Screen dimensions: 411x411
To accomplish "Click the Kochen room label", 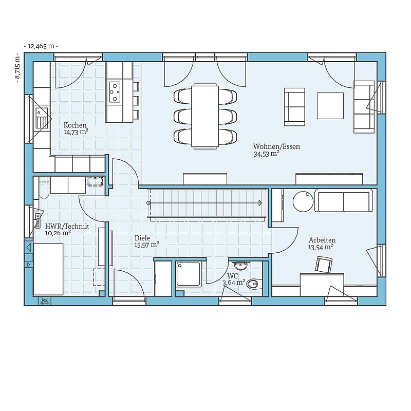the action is [75, 125].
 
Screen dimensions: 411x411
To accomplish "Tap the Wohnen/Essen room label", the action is [276, 146].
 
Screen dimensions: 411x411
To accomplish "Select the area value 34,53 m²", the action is [266, 154].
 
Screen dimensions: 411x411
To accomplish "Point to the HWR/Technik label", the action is [67, 226].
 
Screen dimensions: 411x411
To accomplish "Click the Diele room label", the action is [142, 238].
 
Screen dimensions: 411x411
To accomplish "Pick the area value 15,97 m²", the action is [147, 245].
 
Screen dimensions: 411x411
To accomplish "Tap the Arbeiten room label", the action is [322, 240].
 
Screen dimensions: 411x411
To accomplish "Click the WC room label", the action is [233, 276].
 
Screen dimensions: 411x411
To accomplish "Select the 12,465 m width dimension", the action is [41, 46].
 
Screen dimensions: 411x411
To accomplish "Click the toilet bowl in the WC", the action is [254, 284].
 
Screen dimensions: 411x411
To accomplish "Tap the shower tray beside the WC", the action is [189, 274].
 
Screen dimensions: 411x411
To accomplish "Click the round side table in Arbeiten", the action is [303, 201].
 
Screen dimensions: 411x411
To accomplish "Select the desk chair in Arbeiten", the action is [324, 265].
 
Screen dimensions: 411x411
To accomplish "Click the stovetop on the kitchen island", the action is [115, 92].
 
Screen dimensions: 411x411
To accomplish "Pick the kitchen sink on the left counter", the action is [42, 118].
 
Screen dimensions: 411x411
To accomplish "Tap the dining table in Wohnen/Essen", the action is [205, 116].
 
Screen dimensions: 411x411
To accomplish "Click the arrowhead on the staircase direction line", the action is [260, 203].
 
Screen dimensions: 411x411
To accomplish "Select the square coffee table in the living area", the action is [330, 106].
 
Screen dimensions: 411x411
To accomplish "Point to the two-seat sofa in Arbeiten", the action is [343, 200].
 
